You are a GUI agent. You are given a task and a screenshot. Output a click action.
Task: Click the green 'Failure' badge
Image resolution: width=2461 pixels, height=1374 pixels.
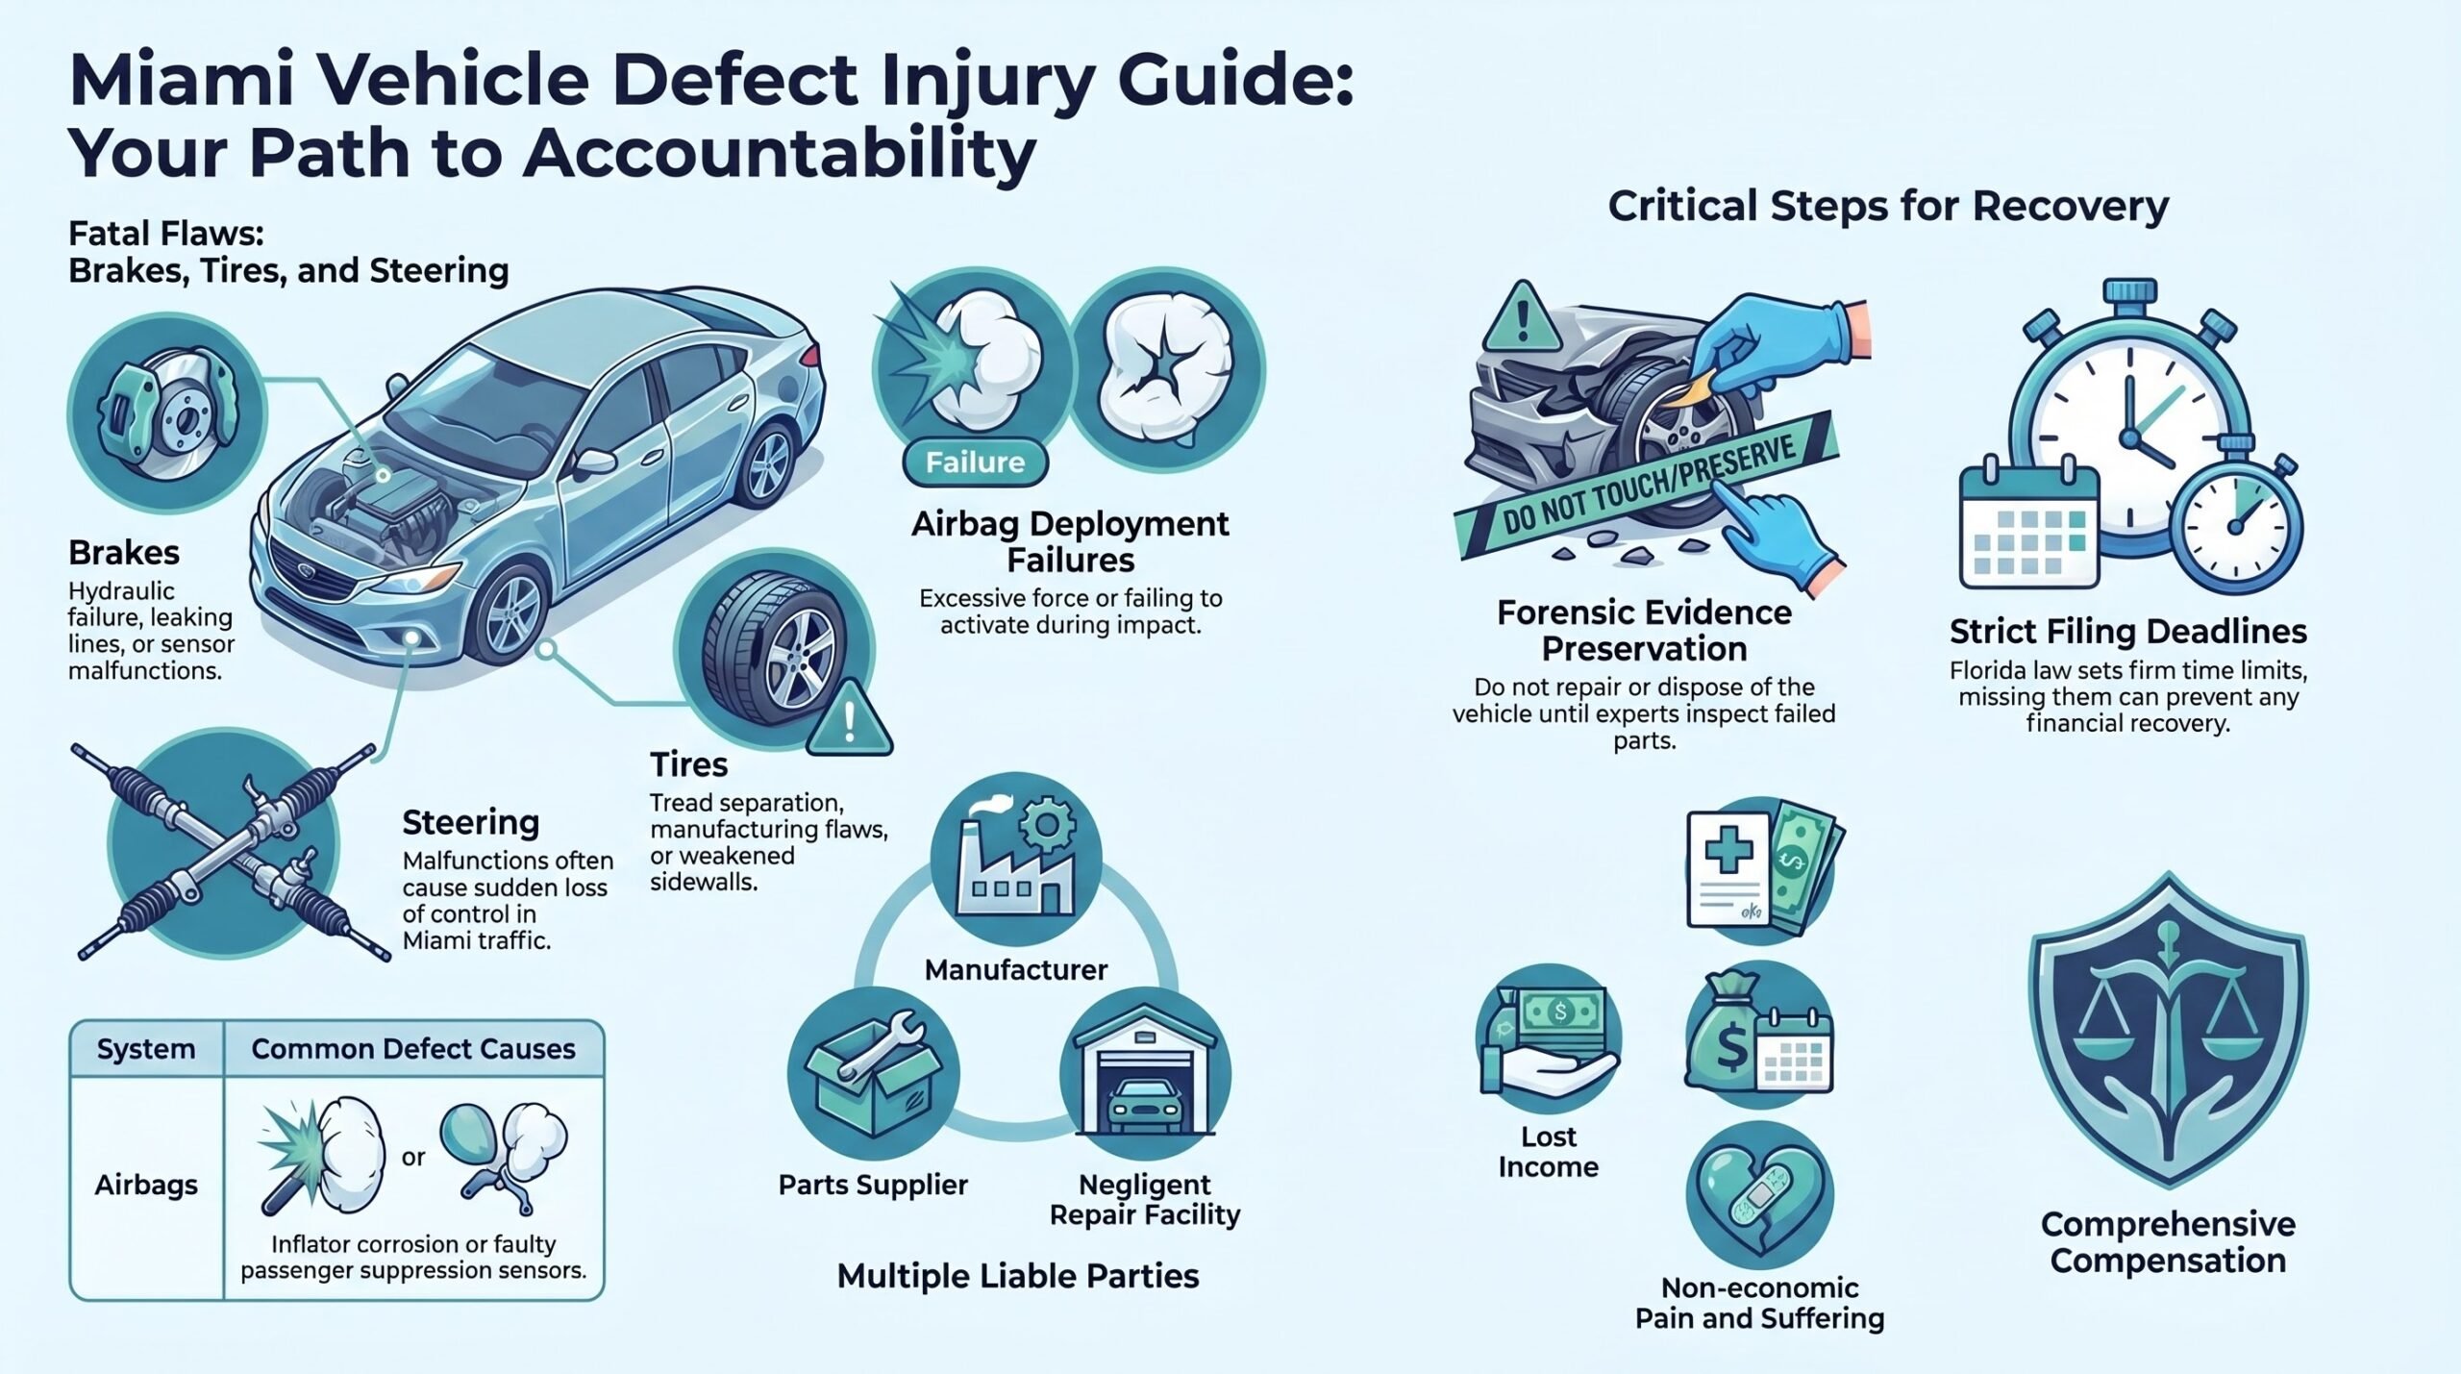[975, 462]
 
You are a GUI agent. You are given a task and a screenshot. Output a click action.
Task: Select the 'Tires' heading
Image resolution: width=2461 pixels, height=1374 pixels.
[688, 765]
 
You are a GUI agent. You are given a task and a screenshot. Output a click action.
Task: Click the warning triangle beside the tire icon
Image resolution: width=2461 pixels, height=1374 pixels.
[849, 717]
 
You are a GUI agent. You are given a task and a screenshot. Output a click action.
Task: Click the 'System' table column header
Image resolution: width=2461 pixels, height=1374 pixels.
[146, 1049]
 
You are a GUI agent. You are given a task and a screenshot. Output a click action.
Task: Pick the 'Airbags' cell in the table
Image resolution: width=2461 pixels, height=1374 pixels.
[146, 1186]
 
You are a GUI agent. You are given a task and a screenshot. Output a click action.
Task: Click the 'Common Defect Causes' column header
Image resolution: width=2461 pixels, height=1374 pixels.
[413, 1049]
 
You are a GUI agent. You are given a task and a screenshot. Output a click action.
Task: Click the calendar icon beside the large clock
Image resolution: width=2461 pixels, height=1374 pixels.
[2028, 528]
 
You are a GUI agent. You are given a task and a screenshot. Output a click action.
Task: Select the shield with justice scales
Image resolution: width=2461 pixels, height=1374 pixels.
[2167, 1030]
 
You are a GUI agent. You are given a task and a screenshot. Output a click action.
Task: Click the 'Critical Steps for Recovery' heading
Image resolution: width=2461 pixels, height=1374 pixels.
[1888, 207]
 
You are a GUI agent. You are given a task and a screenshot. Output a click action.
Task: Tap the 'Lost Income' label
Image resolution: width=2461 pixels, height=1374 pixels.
[1548, 1152]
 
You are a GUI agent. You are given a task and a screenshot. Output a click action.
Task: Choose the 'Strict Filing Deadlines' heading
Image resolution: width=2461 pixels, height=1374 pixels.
[2127, 632]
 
